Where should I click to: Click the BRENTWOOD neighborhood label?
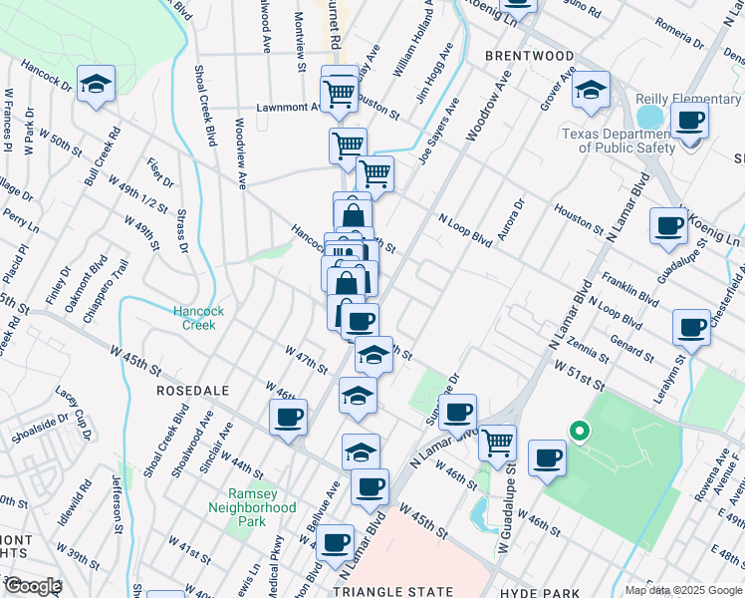(529, 56)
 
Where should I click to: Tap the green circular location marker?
(577, 432)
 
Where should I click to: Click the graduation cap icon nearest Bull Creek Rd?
(96, 85)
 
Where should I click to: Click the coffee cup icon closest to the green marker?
(547, 457)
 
